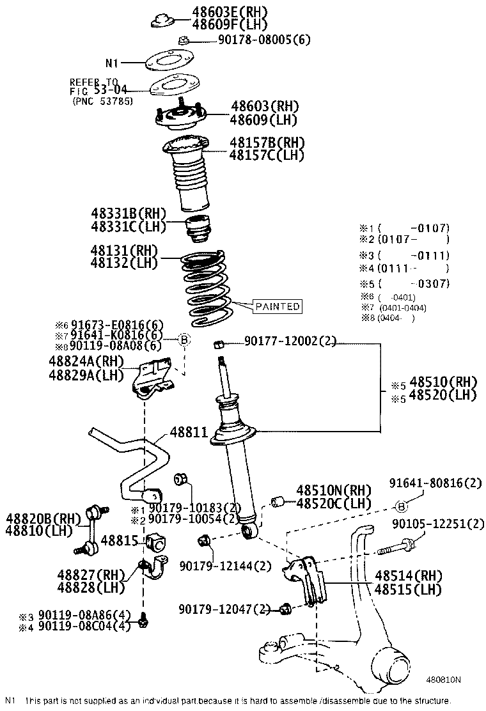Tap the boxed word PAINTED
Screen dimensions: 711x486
point(277,306)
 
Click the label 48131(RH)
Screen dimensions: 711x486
point(123,250)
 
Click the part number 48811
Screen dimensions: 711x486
point(189,432)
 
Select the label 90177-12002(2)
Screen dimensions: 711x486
point(290,342)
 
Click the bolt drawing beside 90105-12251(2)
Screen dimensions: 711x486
point(396,548)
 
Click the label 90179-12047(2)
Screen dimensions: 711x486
point(225,609)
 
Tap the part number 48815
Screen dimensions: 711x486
point(119,540)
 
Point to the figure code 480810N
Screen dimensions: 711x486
point(444,680)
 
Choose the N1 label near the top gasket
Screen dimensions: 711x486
point(112,63)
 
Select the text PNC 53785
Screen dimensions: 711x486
point(102,100)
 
